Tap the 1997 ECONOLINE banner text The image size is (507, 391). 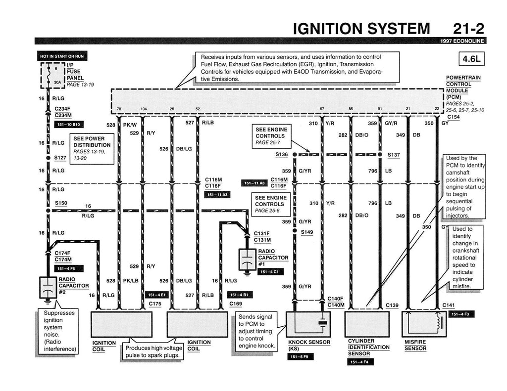pyautogui.click(x=462, y=41)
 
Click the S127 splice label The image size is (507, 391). pyautogui.click(x=60, y=158)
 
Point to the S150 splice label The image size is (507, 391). pyautogui.click(x=61, y=203)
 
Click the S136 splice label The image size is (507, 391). pyautogui.click(x=282, y=154)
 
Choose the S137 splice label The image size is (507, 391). pyautogui.click(x=394, y=154)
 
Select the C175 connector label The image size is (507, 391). pyautogui.click(x=155, y=304)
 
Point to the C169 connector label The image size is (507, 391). pyautogui.click(x=235, y=304)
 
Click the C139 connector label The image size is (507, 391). pyautogui.click(x=392, y=305)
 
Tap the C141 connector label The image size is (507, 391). pyautogui.click(x=449, y=305)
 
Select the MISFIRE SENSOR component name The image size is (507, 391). pyautogui.click(x=415, y=345)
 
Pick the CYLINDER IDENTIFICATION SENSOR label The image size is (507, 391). pyautogui.click(x=368, y=347)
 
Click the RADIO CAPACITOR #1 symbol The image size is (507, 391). pyautogui.click(x=247, y=259)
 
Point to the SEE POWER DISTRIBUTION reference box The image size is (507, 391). pyautogui.click(x=91, y=148)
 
